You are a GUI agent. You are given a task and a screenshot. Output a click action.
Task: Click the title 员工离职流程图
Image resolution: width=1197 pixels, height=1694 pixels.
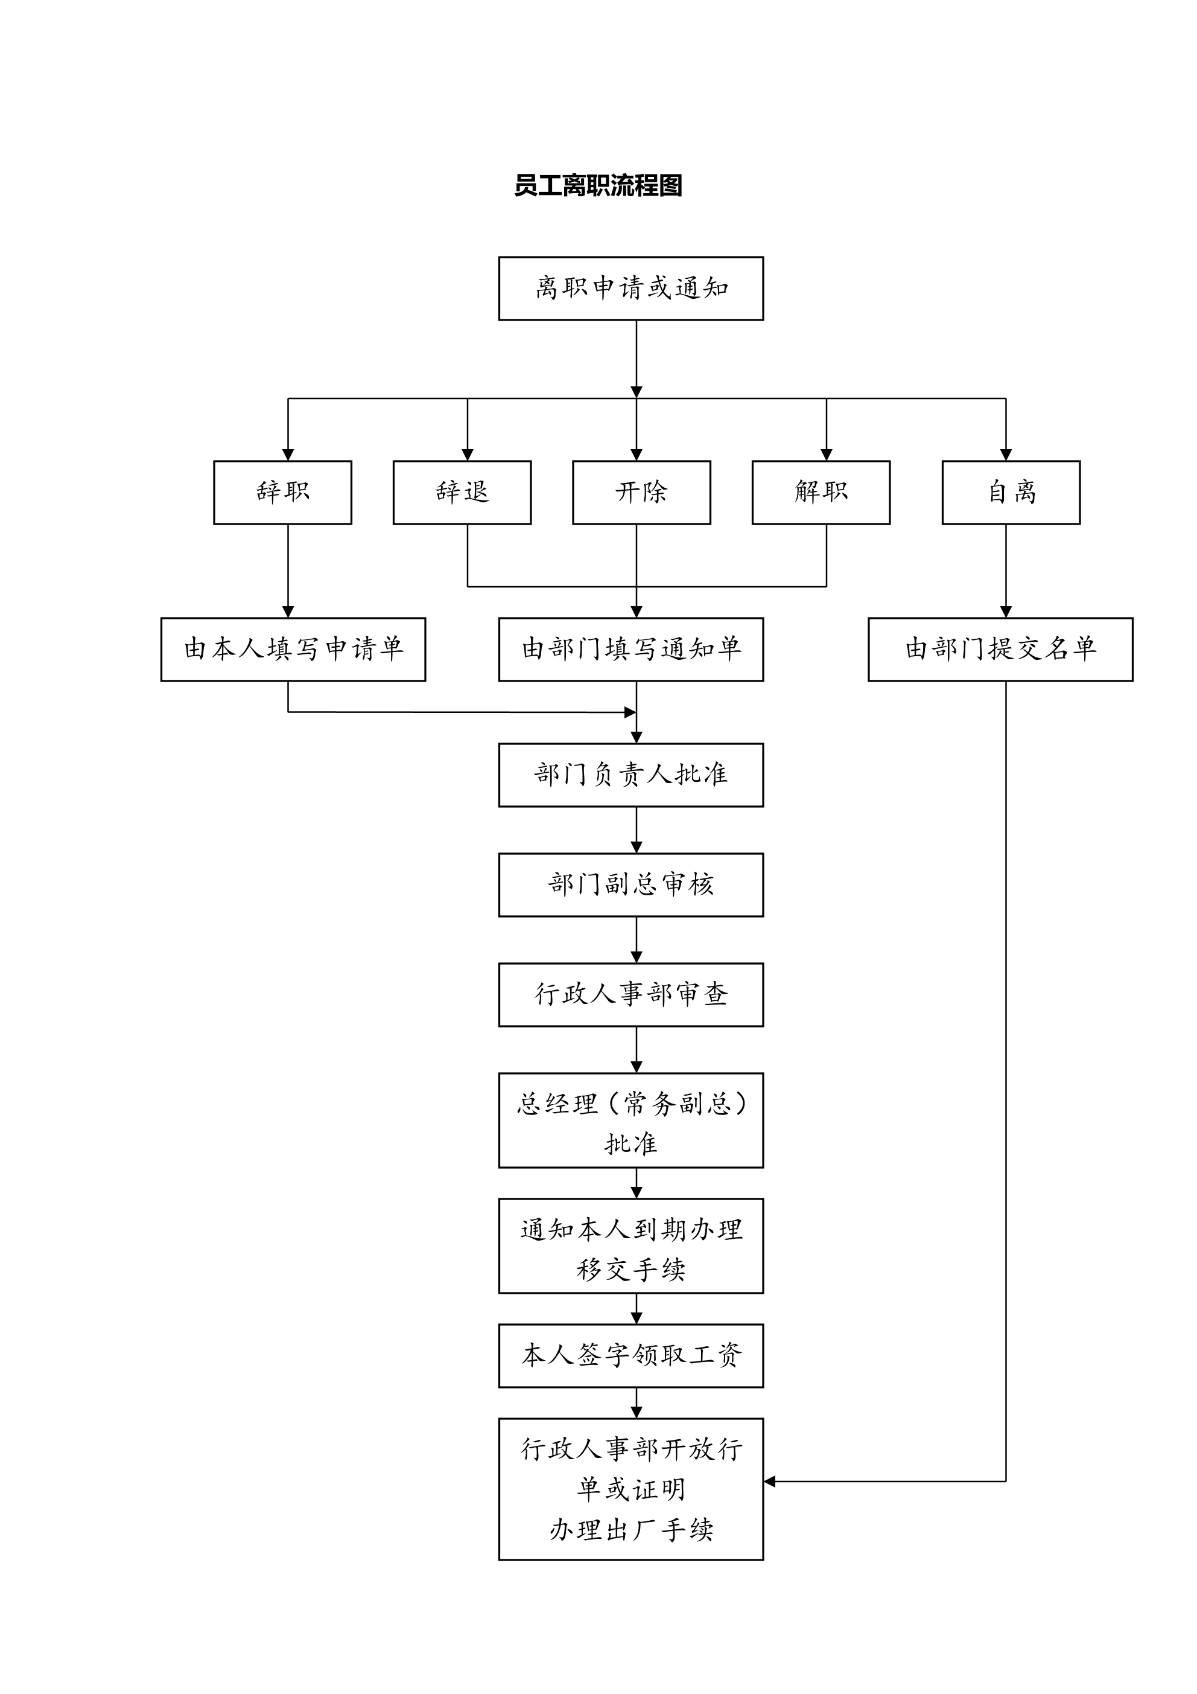[598, 185]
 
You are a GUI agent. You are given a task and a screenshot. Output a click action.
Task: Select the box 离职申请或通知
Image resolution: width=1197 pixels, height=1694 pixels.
[630, 289]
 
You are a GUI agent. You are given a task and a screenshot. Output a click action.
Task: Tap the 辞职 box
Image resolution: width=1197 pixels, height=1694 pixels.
[282, 492]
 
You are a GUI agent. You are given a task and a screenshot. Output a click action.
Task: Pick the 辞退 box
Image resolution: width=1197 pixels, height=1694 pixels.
[462, 492]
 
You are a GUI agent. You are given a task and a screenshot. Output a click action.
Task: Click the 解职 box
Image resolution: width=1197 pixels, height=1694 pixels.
[821, 492]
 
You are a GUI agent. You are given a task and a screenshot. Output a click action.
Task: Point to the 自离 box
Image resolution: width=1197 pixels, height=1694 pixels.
[1011, 492]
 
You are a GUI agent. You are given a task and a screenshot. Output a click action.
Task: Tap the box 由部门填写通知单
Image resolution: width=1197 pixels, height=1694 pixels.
[630, 649]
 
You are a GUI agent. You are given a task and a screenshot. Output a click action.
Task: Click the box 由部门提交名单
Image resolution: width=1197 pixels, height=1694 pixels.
[1000, 649]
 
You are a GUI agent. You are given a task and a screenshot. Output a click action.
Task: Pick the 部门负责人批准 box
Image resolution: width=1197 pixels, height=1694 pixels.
[630, 775]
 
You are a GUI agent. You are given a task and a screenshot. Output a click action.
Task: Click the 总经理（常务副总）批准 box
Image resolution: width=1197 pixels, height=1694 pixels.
[630, 1120]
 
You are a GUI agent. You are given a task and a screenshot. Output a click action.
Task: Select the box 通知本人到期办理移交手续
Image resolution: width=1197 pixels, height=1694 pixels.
[630, 1245]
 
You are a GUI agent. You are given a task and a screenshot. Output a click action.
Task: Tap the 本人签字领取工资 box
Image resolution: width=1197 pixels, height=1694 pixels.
[630, 1355]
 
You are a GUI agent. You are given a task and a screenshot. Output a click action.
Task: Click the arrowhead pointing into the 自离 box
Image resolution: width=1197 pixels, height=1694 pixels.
[1005, 455]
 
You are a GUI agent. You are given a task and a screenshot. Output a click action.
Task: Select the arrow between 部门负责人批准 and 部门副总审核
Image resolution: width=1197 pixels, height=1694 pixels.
[637, 830]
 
